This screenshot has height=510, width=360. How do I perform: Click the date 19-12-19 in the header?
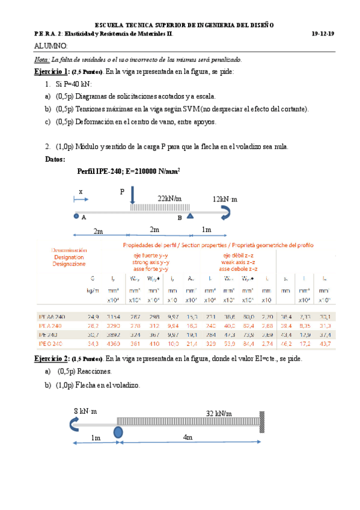pos(324,34)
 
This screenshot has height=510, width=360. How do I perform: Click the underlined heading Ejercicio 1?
pos(51,72)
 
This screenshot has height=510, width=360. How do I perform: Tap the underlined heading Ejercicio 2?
pos(51,358)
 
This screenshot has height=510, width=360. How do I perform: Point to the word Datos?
pos(55,159)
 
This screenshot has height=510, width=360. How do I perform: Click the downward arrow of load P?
pos(132,195)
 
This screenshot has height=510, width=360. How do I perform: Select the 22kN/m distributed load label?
pos(170,198)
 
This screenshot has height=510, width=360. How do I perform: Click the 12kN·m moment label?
pos(225,198)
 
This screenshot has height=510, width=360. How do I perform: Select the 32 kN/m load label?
pos(219,414)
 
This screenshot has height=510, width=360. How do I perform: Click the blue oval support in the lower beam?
pos(118,432)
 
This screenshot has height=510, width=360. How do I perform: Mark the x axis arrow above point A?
pos(79,199)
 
